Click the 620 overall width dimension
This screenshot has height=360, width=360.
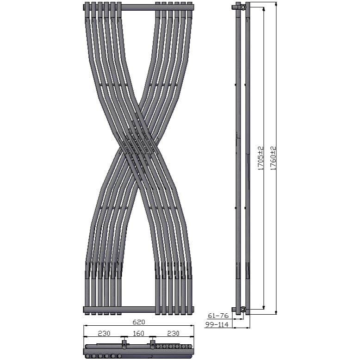[x=139, y=322]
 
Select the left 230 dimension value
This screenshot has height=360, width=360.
[x=103, y=333]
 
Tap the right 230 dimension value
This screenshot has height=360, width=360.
[x=173, y=333]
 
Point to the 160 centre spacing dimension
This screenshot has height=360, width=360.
[x=138, y=333]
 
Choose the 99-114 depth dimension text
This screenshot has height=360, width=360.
[x=217, y=325]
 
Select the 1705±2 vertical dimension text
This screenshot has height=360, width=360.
[x=261, y=158]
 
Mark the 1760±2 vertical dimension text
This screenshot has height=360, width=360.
[x=273, y=158]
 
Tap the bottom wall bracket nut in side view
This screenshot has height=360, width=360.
[x=243, y=309]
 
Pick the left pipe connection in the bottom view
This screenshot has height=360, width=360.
[x=124, y=343]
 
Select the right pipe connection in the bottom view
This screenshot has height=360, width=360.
[x=153, y=343]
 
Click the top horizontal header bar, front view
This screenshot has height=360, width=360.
[x=138, y=7]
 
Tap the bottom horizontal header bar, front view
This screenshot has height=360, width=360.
[x=138, y=309]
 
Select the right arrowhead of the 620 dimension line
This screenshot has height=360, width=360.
[x=192, y=325]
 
